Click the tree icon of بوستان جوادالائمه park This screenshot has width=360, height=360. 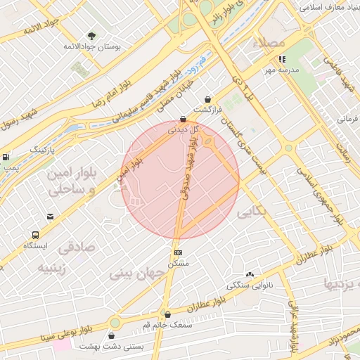click(x=91, y=35)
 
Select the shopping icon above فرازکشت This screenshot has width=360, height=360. click(x=207, y=100)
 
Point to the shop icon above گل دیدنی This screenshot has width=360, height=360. click(x=184, y=119)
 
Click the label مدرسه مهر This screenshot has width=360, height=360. click(x=282, y=70)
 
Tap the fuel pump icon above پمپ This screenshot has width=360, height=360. click(x=6, y=157)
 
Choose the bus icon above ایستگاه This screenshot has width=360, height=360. click(x=35, y=235)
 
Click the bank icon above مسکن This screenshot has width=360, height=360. click(x=178, y=252)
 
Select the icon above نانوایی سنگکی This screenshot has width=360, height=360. click(x=250, y=275)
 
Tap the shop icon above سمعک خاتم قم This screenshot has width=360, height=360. click(x=167, y=315)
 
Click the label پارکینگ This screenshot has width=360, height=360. click(x=42, y=150)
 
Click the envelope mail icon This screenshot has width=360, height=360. click(x=50, y=217)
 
